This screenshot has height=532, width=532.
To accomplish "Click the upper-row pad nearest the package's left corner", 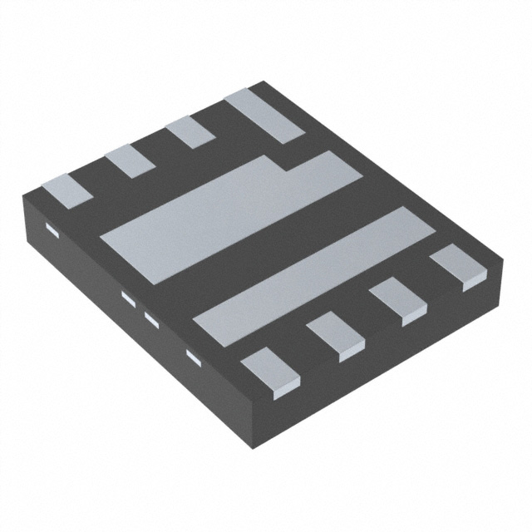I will click(x=67, y=192).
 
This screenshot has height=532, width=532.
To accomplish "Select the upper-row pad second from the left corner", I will click(x=130, y=160).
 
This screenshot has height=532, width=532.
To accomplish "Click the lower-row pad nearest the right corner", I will click(x=457, y=266).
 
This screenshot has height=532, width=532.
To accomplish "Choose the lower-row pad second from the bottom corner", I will click(x=336, y=336).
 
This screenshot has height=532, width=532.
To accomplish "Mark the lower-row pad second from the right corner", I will click(x=397, y=301).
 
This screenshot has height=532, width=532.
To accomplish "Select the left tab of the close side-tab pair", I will click(x=128, y=298).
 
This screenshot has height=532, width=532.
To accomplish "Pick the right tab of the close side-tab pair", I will click(x=151, y=318).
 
